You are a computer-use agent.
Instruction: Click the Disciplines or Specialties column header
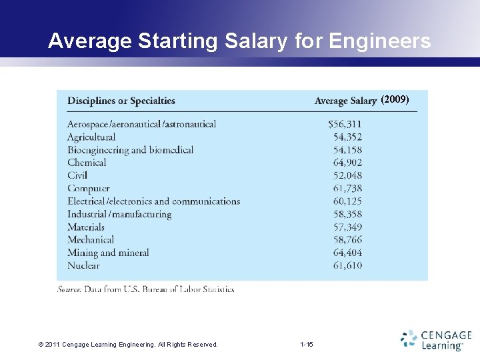pos(121,101)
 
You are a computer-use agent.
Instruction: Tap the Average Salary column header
pos(345,101)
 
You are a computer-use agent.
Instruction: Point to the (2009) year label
pos(395,100)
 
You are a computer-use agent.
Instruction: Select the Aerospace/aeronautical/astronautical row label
pos(142,124)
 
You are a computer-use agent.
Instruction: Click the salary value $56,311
pos(345,124)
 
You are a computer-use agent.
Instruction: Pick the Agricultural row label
pos(91,137)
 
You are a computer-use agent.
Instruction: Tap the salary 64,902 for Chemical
pos(348,163)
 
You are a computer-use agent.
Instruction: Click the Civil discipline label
pos(77,175)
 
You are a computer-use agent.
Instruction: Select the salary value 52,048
pos(348,175)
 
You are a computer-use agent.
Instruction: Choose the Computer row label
pos(89,189)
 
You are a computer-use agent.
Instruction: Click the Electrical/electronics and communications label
pos(153,201)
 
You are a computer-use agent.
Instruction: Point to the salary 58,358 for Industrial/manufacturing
pos(348,214)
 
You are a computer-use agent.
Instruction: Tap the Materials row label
pos(86,227)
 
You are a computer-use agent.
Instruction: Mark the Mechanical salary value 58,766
pos(348,240)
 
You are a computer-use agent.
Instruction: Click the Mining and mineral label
pos(108,253)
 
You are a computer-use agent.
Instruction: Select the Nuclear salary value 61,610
pos(348,265)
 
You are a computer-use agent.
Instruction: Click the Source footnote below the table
pos(146,289)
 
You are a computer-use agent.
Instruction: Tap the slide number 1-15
pos(307,344)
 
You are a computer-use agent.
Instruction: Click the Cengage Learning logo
pos(437,339)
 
